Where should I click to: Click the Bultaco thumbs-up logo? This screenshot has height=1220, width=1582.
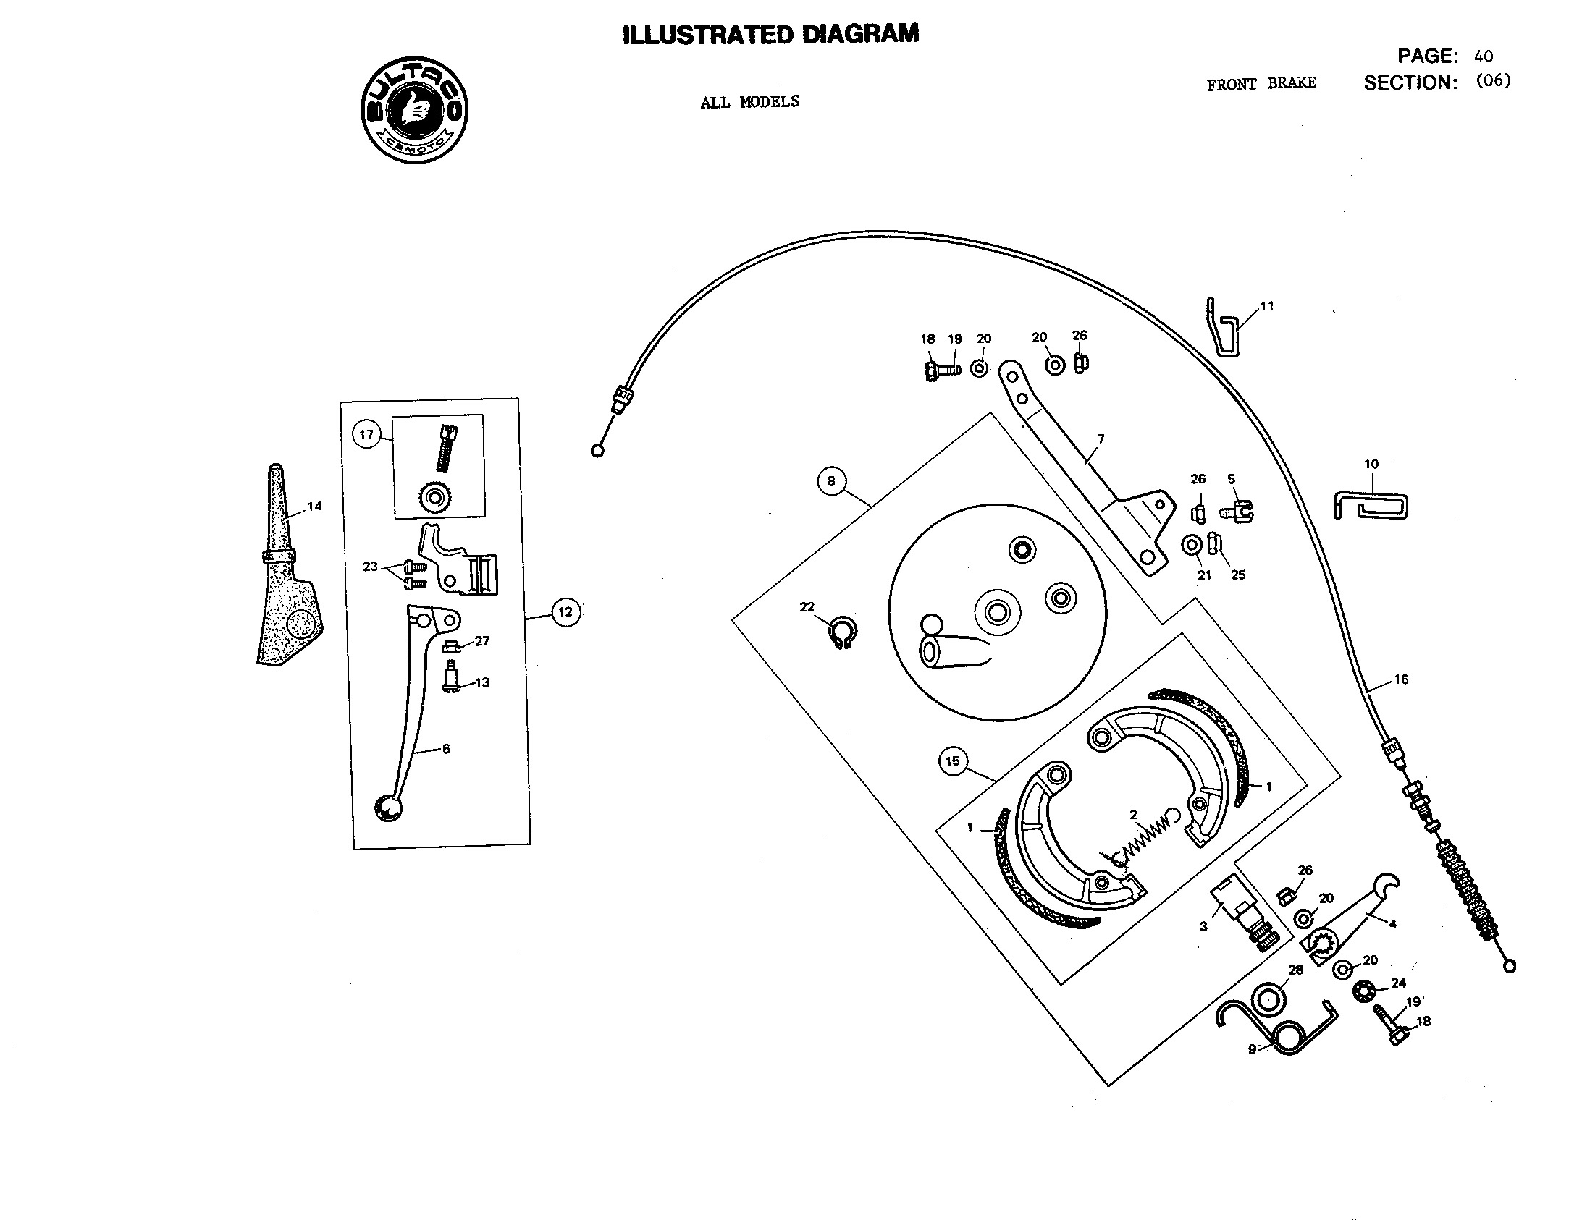click(414, 110)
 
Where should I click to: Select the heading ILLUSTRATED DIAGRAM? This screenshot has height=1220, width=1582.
click(770, 35)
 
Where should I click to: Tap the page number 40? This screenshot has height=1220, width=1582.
click(1483, 56)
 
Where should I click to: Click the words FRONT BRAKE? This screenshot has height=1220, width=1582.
click(1261, 84)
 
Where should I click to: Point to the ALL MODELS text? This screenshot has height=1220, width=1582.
click(749, 102)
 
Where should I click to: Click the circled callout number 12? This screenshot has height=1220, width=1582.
click(565, 612)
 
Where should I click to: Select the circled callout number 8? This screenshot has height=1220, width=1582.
click(831, 480)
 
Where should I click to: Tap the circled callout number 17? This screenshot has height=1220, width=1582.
click(366, 434)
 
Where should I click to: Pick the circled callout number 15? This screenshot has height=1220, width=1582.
click(953, 761)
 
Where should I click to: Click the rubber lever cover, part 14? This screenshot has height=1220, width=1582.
click(286, 572)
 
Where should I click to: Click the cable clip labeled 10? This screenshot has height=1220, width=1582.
click(1371, 506)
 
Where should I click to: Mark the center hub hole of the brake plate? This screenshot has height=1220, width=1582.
click(998, 613)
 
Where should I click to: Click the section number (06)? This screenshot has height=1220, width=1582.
click(1494, 81)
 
